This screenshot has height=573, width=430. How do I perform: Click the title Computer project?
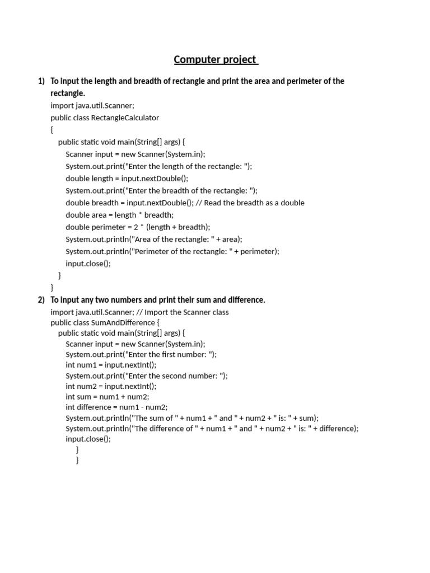216,59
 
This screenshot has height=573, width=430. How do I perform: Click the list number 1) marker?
41,81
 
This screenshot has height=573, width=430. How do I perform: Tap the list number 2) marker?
41,300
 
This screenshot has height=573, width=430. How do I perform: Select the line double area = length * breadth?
119,215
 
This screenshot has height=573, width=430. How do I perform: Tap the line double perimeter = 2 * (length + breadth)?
138,227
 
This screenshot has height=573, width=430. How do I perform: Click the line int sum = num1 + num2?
107,397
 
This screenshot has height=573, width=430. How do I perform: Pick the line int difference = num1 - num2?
116,407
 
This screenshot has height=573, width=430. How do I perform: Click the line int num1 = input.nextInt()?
111,365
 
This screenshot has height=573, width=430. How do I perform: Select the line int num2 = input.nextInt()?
111,386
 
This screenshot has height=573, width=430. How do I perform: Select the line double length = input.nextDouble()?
127,179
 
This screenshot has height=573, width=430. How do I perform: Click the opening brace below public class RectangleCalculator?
52,130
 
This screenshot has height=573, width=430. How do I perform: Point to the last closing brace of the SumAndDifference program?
77,460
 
